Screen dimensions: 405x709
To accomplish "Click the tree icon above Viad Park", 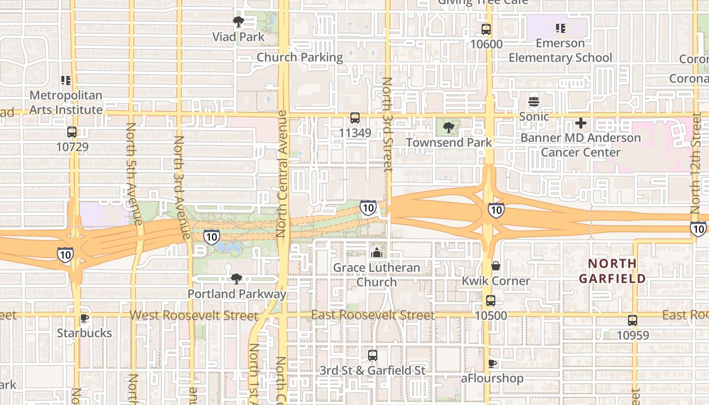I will pos(238,22).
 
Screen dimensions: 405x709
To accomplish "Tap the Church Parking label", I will pos(300,57).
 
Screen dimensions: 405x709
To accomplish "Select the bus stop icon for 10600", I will pos(486,29).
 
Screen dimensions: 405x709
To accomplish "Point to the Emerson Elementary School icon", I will pos(560,28).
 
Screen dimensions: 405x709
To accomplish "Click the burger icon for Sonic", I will pos(534,102).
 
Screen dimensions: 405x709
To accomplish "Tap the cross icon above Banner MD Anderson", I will pos(581,123).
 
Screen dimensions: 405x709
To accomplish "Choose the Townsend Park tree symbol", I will pos(448,128).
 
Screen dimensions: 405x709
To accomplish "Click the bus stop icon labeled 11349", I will pos(355,118).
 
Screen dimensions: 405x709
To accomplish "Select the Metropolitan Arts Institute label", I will pos(66,102).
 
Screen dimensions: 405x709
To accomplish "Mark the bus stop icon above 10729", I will pos(72,133).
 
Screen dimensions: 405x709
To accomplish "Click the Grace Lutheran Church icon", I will pos(376,253).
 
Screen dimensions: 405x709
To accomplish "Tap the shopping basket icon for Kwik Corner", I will pos(496,266).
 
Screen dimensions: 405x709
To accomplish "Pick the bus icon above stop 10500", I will pos(490,301).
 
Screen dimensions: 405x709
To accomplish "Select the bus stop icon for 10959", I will pos(633,320).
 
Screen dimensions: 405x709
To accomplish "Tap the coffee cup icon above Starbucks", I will pos(84,318).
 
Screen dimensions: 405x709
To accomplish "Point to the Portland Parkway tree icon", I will pos(236,278).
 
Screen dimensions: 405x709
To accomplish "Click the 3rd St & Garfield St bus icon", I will pos(373,355).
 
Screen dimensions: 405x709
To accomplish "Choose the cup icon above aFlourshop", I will pos(492,363).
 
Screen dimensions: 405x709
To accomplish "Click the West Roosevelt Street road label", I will pos(194,315).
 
